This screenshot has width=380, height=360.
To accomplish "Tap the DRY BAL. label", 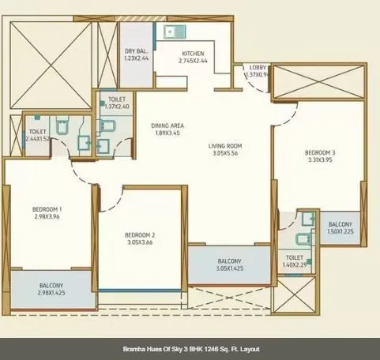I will click(136, 52).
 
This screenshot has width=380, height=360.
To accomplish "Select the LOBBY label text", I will click(258, 68).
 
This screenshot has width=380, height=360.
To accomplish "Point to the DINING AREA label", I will click(167, 126).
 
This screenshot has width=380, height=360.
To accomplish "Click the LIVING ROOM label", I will click(225, 146).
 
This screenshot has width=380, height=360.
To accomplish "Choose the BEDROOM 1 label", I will click(47, 209).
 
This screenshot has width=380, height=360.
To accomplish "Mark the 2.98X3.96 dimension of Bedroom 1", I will click(47, 217).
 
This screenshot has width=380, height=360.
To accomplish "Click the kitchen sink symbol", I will click(170, 32).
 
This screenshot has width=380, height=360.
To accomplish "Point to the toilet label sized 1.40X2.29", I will click(295, 262).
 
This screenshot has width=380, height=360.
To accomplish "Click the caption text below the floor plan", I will click(190, 348).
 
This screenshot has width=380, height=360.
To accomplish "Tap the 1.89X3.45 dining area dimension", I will click(167, 133).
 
